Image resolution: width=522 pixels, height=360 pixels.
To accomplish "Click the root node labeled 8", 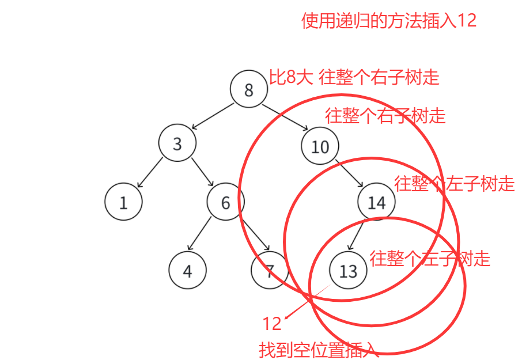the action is coord(249,90).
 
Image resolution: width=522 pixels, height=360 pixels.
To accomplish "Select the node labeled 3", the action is coord(177,143).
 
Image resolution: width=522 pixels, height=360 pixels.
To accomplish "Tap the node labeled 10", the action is coord(320,146).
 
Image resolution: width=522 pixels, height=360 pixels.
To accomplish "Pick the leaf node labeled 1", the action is coord(123,202).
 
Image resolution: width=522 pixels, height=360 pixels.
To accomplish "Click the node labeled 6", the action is coord(226,202).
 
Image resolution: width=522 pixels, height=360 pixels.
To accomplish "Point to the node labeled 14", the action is coord(376,202).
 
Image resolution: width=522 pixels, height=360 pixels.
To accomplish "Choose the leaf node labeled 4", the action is coord(188,270).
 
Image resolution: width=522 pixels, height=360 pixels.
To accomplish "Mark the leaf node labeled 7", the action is coord(269,270).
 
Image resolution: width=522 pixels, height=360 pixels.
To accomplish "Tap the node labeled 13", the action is coord(349,270).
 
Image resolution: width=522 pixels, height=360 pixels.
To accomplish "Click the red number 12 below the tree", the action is coord(272,324).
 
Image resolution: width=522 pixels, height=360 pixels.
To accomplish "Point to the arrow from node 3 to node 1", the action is coord(150,172).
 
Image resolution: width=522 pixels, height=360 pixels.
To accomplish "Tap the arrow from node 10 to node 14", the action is coord(348,174).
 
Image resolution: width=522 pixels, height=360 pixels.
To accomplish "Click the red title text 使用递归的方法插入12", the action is coord(389,21).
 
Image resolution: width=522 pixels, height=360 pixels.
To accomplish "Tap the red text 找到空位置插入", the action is coord(319,350).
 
